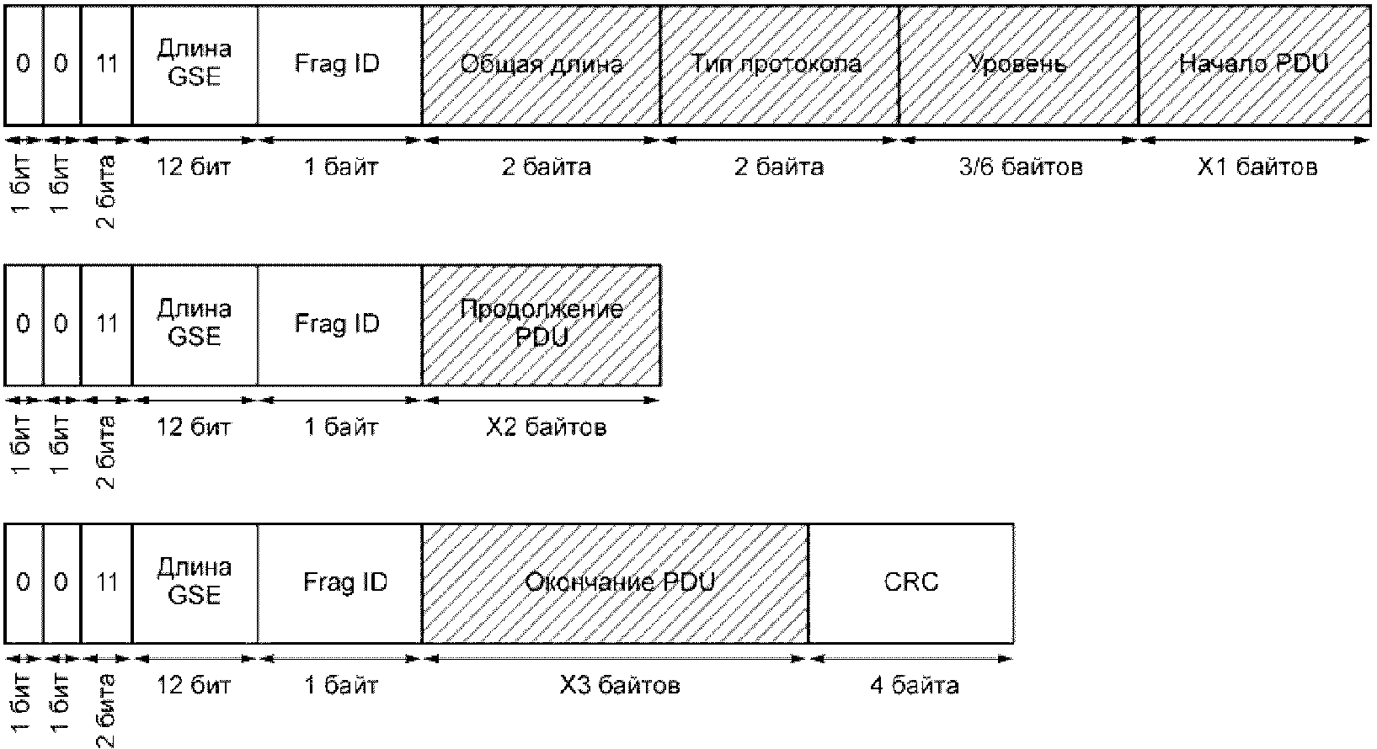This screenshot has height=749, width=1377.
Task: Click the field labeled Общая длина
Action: (x=541, y=66)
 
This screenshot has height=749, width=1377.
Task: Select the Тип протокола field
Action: (x=780, y=66)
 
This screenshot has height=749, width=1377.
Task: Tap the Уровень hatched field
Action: (x=1019, y=66)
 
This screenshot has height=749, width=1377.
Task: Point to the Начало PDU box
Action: (x=1255, y=66)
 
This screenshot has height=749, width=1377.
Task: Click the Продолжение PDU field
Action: (x=542, y=325)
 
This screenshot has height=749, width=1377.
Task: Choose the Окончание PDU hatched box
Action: (x=616, y=584)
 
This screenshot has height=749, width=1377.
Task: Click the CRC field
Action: (x=911, y=584)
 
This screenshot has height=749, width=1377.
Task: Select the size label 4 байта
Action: (x=914, y=685)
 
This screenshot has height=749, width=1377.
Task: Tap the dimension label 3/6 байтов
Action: (x=1021, y=167)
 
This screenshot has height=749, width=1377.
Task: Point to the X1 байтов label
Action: (x=1257, y=167)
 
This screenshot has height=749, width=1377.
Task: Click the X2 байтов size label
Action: (x=546, y=427)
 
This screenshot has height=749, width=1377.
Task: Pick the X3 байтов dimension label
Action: (x=620, y=685)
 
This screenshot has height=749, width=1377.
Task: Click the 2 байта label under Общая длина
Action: (x=546, y=167)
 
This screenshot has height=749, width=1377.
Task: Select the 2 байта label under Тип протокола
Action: (x=779, y=167)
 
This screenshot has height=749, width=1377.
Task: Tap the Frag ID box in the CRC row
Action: (x=340, y=584)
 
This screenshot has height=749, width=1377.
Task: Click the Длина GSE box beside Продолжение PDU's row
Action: (x=195, y=325)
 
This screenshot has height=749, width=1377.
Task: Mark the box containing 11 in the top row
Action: (x=106, y=66)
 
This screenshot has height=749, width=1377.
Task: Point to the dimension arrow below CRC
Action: (x=911, y=659)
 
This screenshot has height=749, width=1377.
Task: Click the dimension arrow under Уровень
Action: (x=1019, y=140)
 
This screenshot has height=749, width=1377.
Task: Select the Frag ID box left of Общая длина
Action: (x=340, y=66)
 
